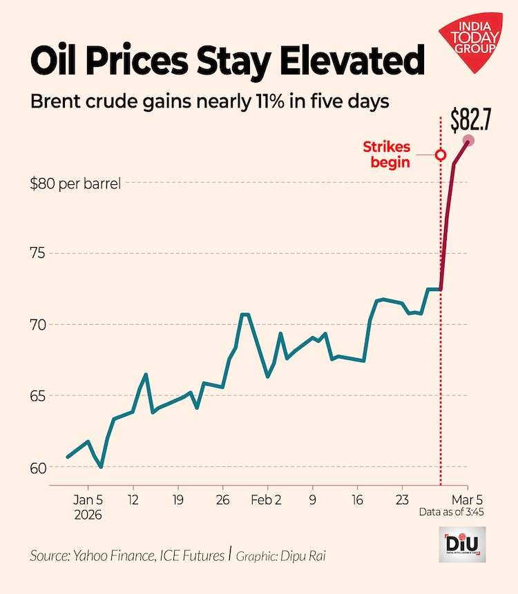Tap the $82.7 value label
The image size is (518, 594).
[470, 119]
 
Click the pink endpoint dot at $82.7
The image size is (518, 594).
[468, 141]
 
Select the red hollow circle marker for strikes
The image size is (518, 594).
[441, 155]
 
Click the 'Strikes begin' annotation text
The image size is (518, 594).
[387, 155]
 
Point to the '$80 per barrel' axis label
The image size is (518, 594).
[75, 184]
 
